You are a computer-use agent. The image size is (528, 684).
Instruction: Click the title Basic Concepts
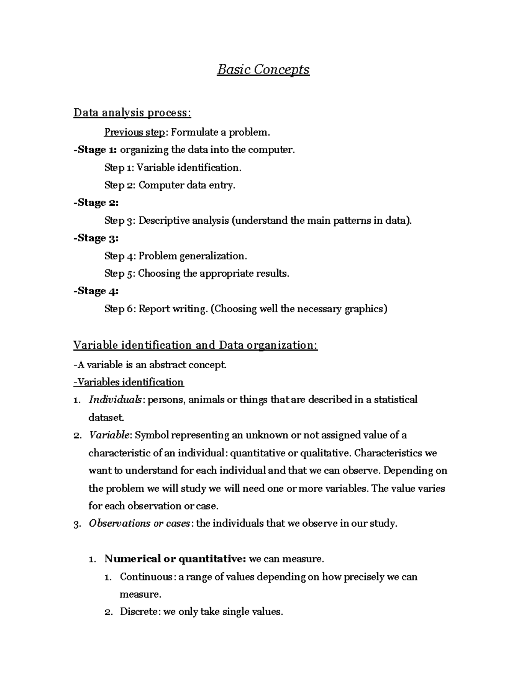[x=263, y=70]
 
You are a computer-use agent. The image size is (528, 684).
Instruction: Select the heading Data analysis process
[x=132, y=113]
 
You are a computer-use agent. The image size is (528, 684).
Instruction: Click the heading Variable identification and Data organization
[x=195, y=345]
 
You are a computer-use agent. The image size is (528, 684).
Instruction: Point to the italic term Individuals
[x=115, y=399]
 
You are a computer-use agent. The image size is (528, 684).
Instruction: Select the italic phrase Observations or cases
[x=139, y=523]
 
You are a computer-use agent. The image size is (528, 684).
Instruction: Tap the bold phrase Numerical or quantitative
[x=175, y=559]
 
